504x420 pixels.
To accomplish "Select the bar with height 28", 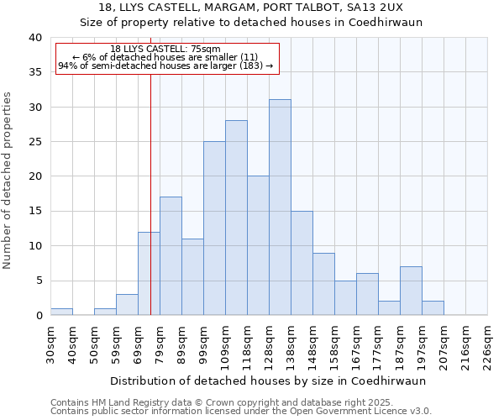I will pos(236,218).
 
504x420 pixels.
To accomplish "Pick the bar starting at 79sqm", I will pos(171,256).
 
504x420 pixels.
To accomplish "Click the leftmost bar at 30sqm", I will pos(61,312).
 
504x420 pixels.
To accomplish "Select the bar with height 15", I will pos(302,263).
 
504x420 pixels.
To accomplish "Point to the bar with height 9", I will pos(323,284).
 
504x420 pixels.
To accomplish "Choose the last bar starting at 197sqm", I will pos(433,308).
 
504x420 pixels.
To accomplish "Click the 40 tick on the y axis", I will pos(34,38).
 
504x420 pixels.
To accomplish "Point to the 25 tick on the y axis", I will pos(34,142).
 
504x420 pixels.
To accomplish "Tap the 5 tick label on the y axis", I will pos(38,281).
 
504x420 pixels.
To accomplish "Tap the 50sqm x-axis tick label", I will pos(94,343).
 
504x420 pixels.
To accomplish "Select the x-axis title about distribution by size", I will pos(268,381).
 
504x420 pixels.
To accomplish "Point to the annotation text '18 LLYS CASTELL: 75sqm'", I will pos(165,50).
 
